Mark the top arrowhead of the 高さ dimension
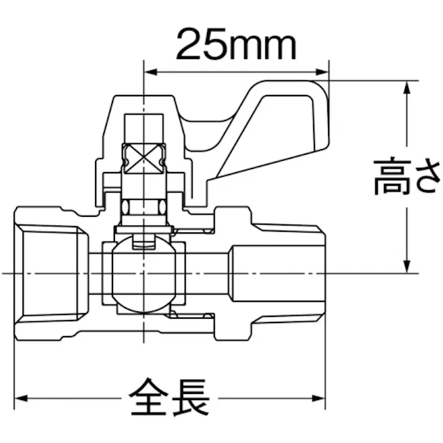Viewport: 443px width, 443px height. click(406, 86)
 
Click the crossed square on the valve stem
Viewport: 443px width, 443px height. click(144, 157)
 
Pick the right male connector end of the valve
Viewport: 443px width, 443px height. click(280, 273)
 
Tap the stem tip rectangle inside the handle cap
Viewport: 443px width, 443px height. click(144, 127)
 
